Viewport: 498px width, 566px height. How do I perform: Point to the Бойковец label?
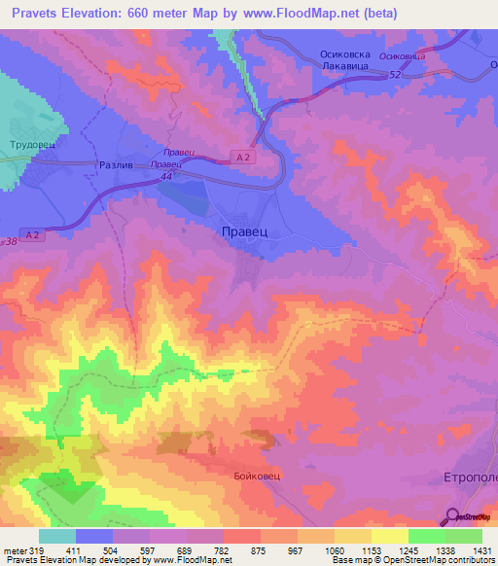tap(257, 476)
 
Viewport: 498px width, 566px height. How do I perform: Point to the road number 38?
tap(11, 241)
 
